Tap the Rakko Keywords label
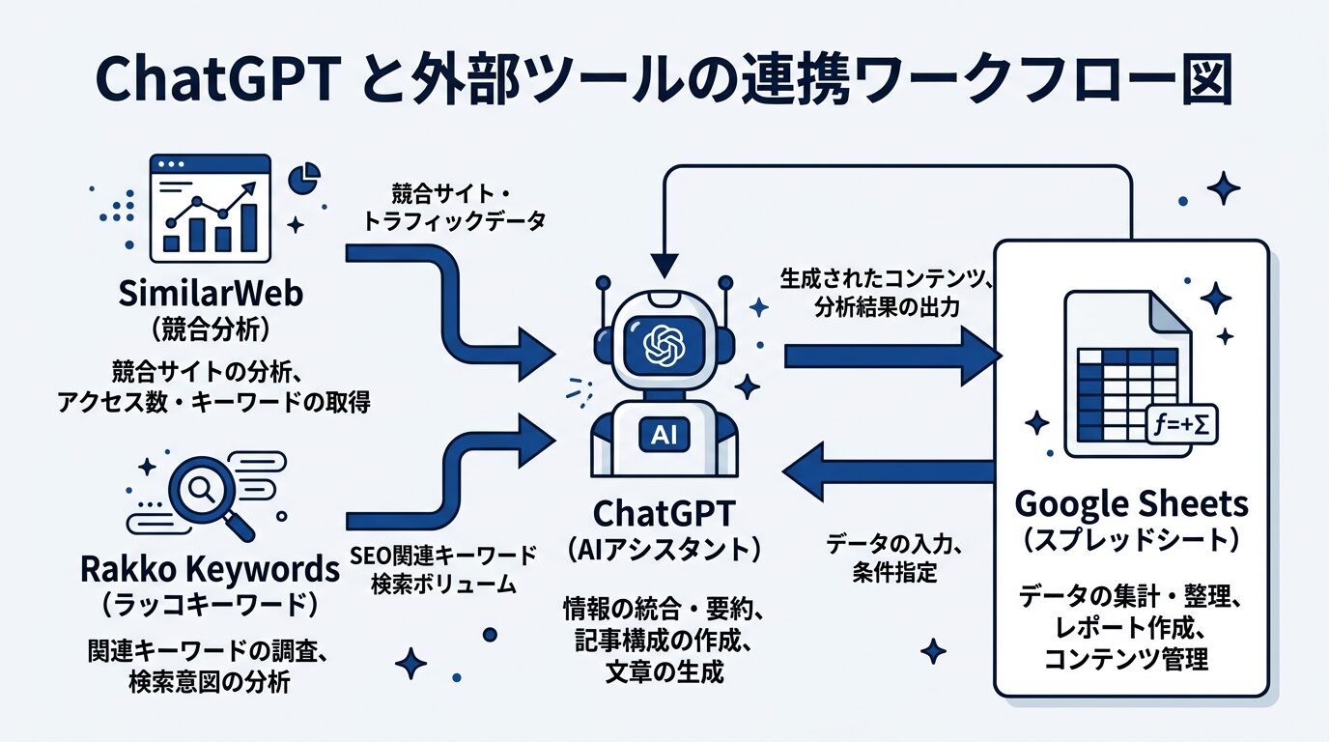[210, 570]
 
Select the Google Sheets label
[1131, 503]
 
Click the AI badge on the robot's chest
[664, 435]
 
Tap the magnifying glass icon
[206, 493]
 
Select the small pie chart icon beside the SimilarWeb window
[305, 178]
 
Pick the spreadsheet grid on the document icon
[1127, 392]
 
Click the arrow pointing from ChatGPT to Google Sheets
[889, 357]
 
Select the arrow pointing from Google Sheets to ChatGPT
[889, 472]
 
